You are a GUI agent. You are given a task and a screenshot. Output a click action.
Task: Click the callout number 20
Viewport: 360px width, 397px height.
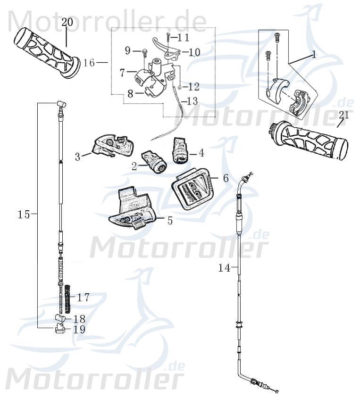(67, 22)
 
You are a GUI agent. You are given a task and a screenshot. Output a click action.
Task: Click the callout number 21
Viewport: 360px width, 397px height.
(344, 115)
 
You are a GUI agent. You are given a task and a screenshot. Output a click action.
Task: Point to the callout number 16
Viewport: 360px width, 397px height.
(89, 63)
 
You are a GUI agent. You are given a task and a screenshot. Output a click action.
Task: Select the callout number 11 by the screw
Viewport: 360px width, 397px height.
(183, 37)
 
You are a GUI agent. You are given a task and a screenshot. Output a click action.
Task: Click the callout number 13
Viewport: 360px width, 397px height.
(192, 100)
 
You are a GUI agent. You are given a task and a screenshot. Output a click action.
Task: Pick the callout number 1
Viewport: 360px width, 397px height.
(314, 54)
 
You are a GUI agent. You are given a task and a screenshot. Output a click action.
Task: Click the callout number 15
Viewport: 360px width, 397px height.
(24, 215)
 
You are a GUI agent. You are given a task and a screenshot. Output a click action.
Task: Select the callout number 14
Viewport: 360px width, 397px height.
(224, 268)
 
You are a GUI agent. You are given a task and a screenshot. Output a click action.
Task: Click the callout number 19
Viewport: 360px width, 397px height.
(79, 330)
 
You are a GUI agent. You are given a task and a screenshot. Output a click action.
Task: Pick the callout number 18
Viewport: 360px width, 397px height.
(79, 318)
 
